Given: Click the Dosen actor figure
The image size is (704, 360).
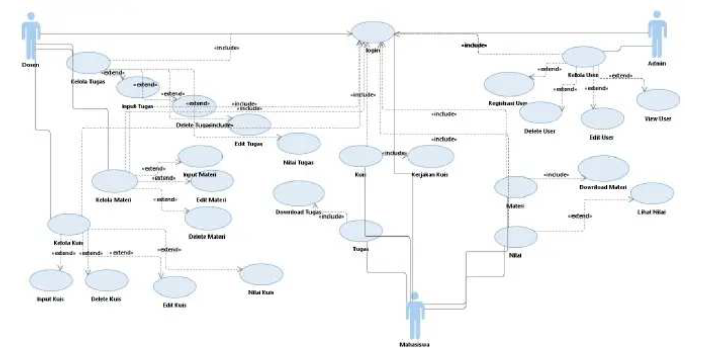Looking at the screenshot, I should click(31, 35).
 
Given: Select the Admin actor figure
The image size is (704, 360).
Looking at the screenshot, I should click(657, 34).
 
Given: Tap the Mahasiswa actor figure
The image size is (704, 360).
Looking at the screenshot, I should click(415, 313).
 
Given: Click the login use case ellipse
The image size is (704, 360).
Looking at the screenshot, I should click(373, 33).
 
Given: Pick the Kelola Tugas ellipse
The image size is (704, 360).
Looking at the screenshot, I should click(88, 63).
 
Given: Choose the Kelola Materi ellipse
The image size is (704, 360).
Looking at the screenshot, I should click(115, 181).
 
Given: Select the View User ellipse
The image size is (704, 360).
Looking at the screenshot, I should click(658, 100).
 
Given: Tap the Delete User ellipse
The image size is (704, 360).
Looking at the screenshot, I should click(540, 113).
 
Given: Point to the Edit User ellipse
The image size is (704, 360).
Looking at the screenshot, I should click(602, 119).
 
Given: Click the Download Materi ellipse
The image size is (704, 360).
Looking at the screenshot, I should click(603, 169).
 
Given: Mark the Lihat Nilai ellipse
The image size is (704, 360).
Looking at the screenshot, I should click(653, 194).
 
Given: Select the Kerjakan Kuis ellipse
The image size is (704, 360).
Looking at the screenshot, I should click(431, 157).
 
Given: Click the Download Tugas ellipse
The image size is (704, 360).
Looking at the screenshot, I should click(299, 194).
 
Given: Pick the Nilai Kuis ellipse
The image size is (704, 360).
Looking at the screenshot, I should click(261, 275).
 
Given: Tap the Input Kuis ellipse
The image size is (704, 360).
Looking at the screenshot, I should click(51, 280).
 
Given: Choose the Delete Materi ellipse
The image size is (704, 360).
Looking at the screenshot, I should click(208, 218).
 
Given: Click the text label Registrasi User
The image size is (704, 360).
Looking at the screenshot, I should click(507, 104).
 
